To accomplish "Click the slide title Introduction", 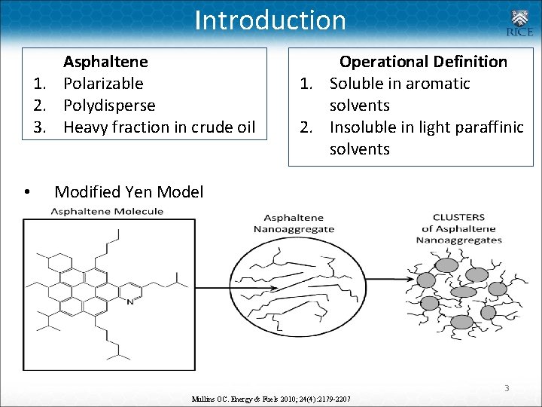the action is pyautogui.click(x=270, y=20).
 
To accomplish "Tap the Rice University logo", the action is pyautogui.click(x=519, y=23).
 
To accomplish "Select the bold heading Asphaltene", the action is pyautogui.click(x=105, y=61).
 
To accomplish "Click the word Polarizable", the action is pyautogui.click(x=103, y=83).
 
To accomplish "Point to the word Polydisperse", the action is pyautogui.click(x=109, y=105).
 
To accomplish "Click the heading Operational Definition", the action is pyautogui.click(x=423, y=61).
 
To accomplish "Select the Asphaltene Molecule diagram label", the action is pyautogui.click(x=107, y=211).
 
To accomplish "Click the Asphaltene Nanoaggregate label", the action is pyautogui.click(x=288, y=223).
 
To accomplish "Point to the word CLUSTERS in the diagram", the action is pyautogui.click(x=458, y=218).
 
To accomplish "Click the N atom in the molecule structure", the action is pyautogui.click(x=130, y=301).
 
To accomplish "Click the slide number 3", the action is pyautogui.click(x=507, y=388).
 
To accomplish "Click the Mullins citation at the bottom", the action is pyautogui.click(x=271, y=397).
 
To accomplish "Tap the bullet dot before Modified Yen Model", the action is pyautogui.click(x=27, y=193).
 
